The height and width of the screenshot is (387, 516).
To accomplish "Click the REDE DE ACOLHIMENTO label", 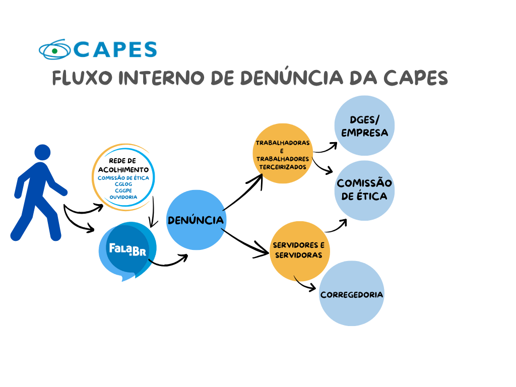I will (123, 165).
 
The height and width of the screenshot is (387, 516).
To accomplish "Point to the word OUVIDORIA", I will (123, 197).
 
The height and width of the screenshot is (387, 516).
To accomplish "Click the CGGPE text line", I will (123, 190).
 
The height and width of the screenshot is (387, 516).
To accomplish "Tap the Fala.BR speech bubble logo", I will (128, 249).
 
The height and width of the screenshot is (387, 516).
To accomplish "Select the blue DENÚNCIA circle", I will (196, 220).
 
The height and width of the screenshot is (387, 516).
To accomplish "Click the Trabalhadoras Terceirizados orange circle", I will (282, 153).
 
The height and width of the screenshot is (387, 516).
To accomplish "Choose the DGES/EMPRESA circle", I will (364, 126).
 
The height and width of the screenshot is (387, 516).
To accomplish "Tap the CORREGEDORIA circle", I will (352, 294).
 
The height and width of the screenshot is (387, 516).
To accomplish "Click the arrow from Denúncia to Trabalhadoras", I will (244, 194).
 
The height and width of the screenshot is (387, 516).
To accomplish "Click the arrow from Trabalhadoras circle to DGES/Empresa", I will (326, 149).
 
